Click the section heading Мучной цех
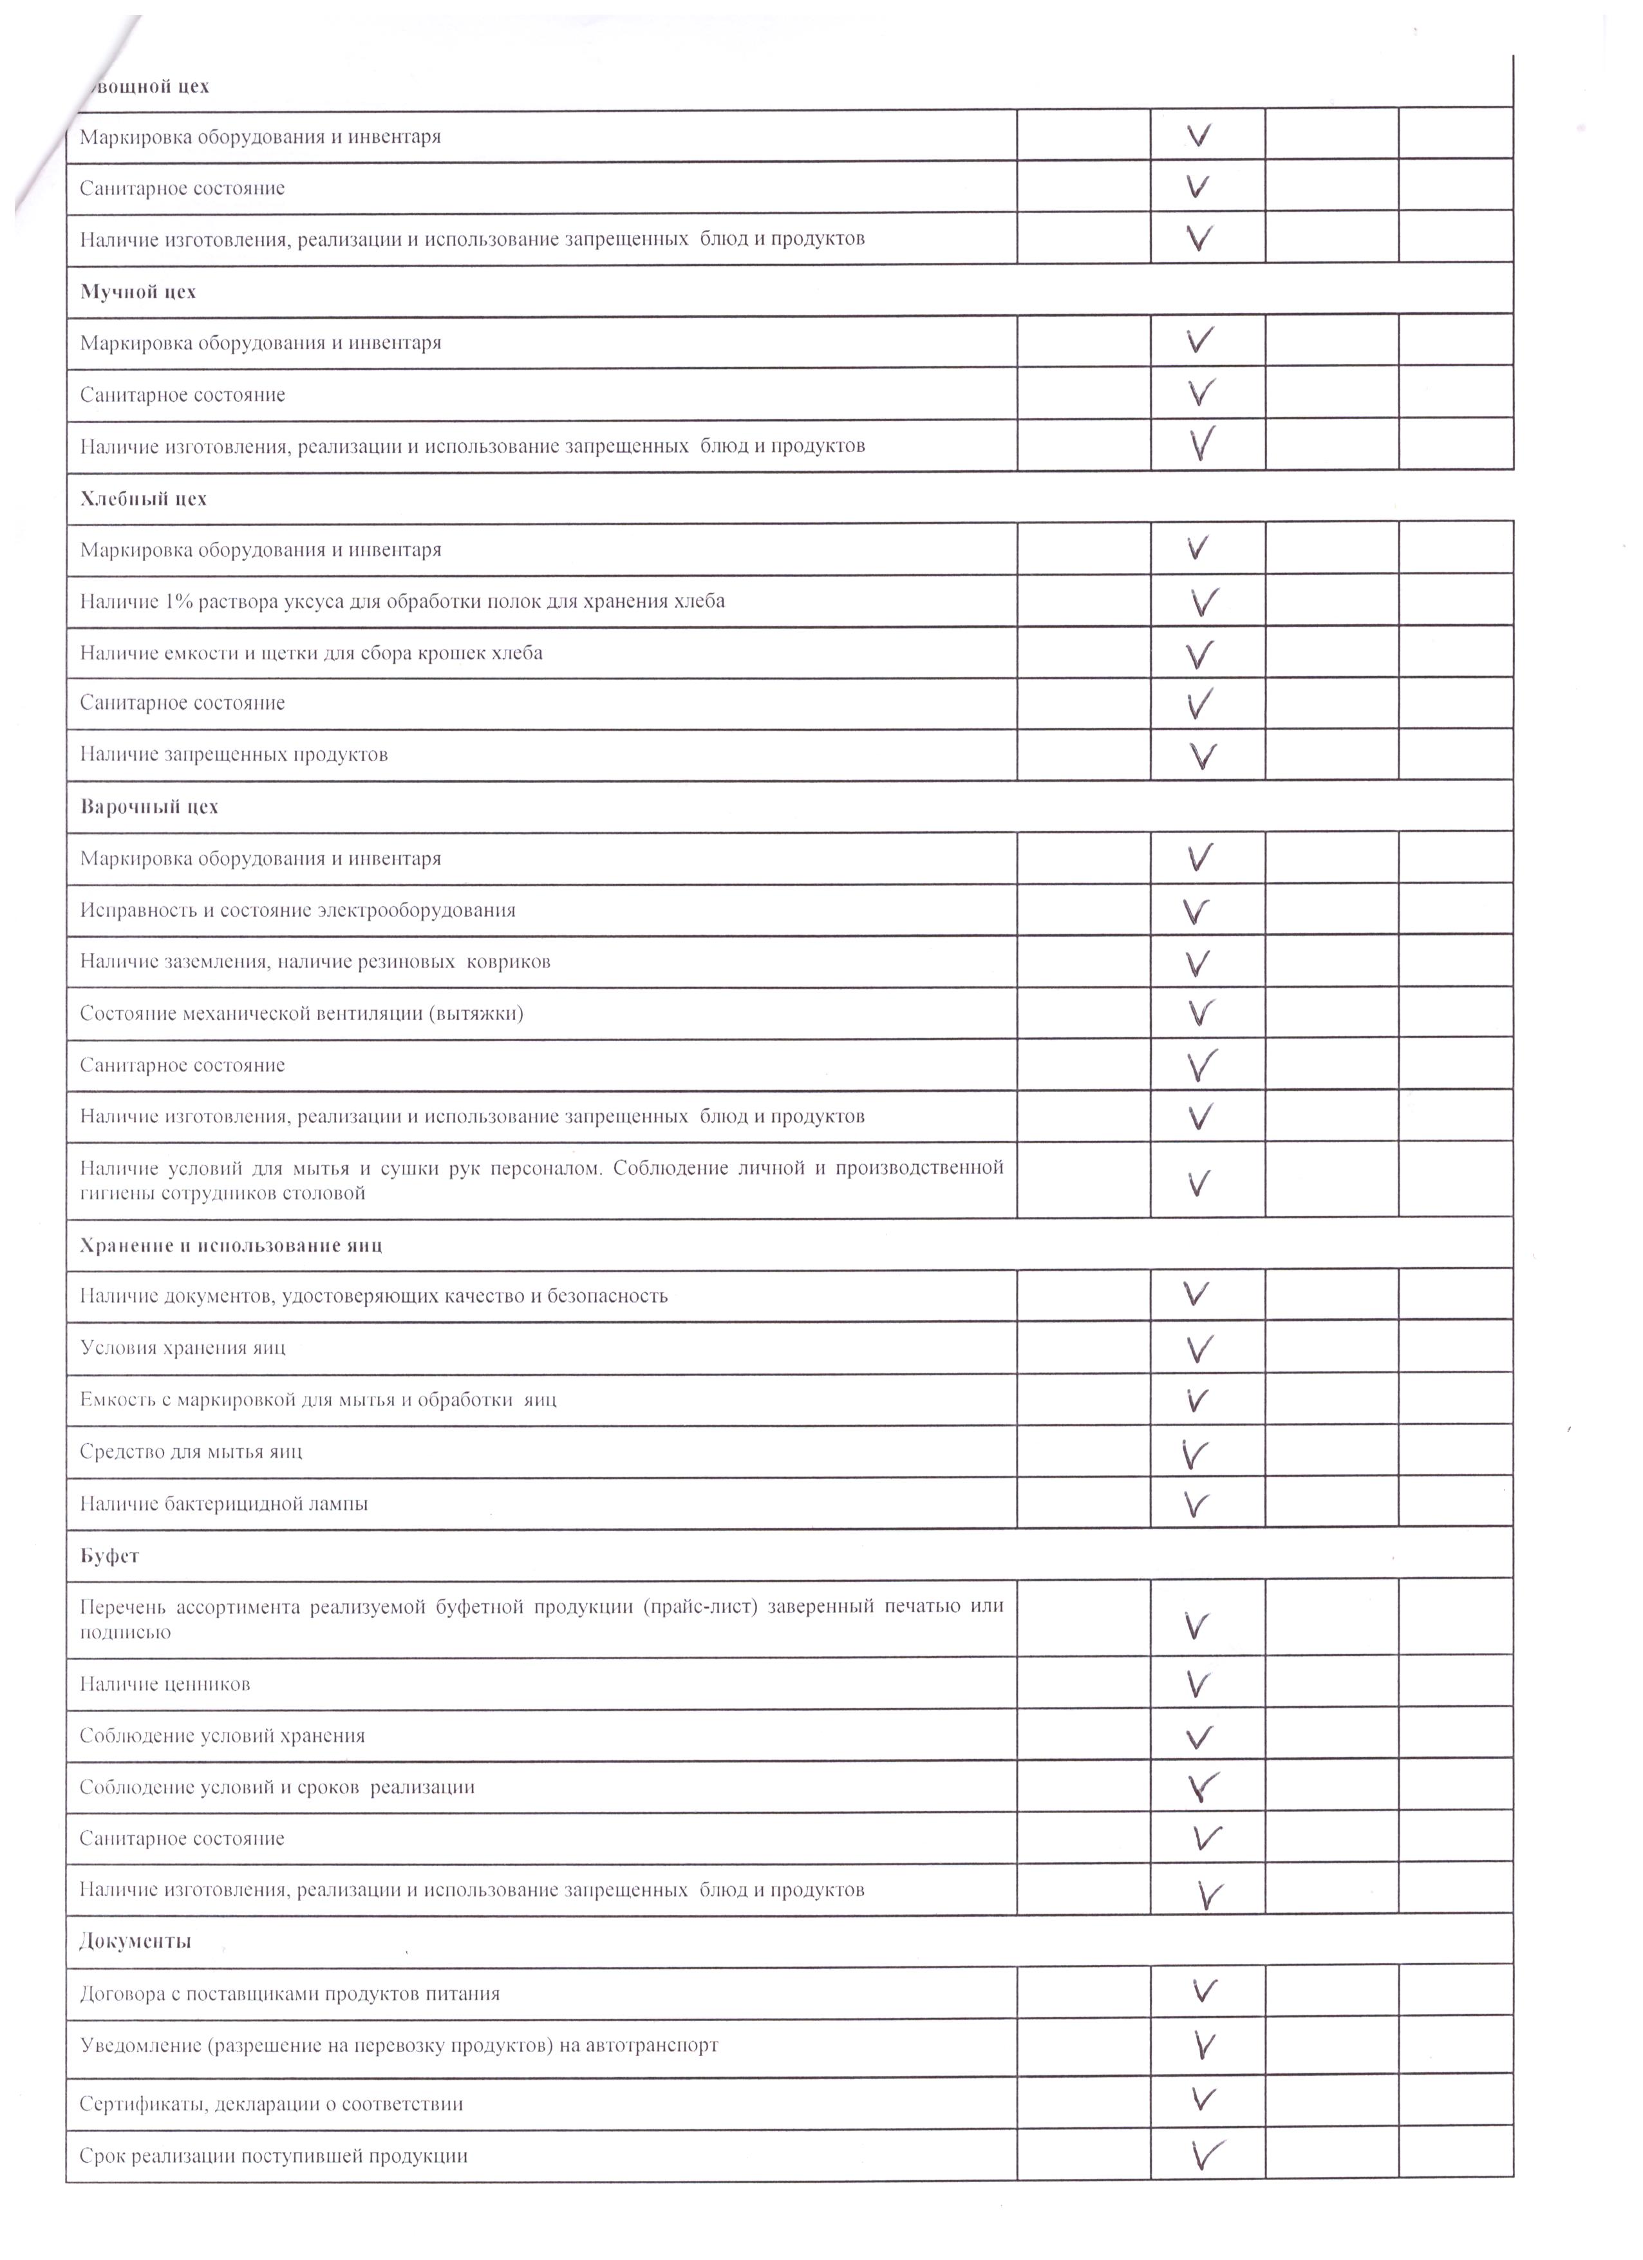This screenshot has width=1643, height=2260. coord(138,292)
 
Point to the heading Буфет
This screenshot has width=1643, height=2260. coord(109,1556)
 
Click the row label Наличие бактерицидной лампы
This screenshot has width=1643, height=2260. coord(223,1503)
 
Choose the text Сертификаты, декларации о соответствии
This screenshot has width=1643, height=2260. coord(271,2104)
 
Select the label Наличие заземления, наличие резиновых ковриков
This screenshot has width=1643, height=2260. coord(315,961)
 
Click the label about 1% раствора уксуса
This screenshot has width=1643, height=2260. coord(402,601)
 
